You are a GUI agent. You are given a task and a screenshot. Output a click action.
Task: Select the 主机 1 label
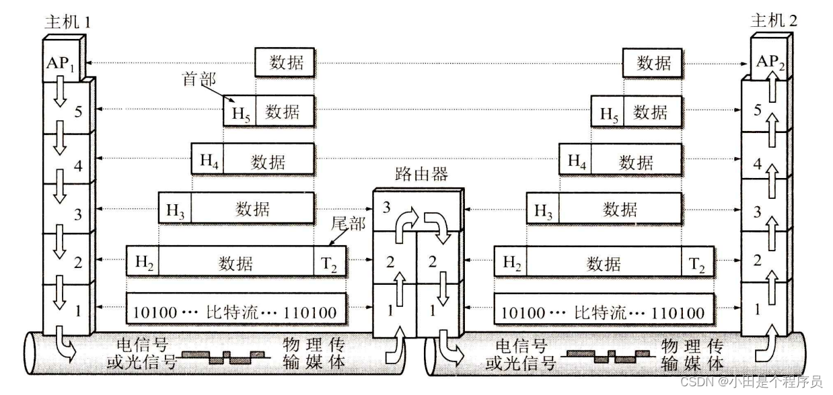point(65,21)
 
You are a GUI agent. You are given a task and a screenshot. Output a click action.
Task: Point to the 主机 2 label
point(774,21)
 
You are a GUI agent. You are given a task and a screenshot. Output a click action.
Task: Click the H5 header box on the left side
point(240,112)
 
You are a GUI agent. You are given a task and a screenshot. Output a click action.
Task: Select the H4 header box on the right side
point(576,161)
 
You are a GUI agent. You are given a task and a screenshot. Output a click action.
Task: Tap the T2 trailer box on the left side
point(330,263)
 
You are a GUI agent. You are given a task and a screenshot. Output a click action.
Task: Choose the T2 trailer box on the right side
point(696,263)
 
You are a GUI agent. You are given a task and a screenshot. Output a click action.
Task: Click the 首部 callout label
point(200,79)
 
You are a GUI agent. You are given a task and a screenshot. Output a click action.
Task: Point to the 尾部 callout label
point(349,224)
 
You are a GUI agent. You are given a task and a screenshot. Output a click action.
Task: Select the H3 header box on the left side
point(175,209)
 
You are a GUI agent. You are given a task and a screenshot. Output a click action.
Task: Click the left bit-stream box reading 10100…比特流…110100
point(236,312)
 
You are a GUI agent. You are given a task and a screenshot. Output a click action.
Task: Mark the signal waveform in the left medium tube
point(228,357)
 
